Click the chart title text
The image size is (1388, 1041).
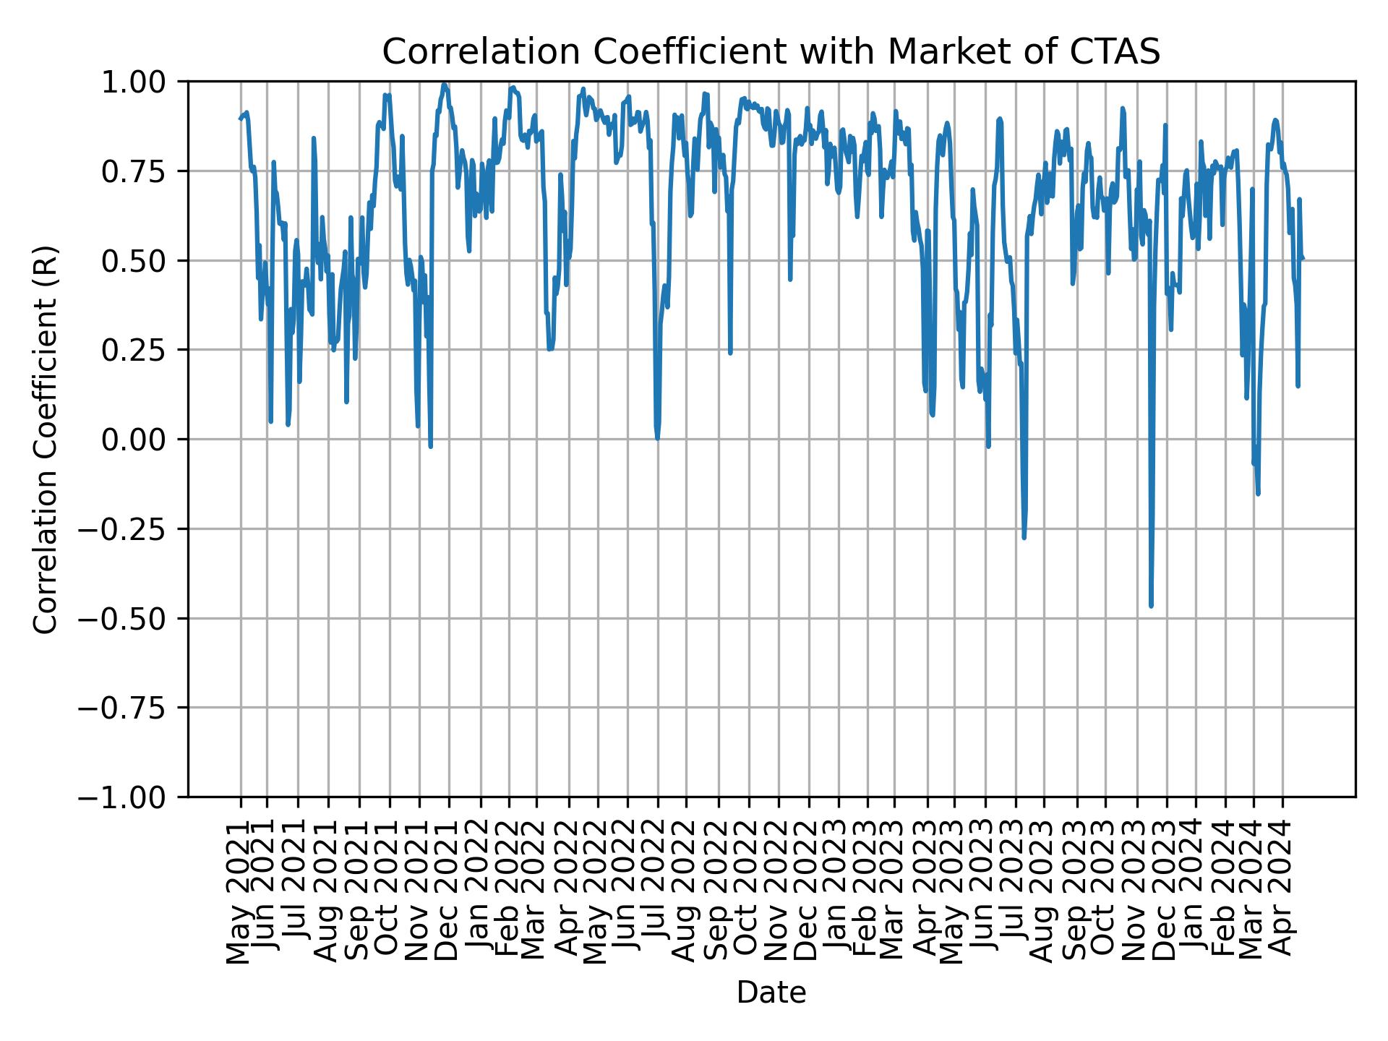[771, 52]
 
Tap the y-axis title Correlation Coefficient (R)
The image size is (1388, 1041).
[45, 439]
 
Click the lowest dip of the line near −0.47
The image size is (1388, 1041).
[1151, 606]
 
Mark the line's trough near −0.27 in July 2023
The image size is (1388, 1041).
[1024, 537]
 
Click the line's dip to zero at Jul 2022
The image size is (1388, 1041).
[657, 438]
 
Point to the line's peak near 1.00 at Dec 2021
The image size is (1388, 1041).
[445, 85]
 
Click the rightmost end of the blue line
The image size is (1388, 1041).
[1303, 259]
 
